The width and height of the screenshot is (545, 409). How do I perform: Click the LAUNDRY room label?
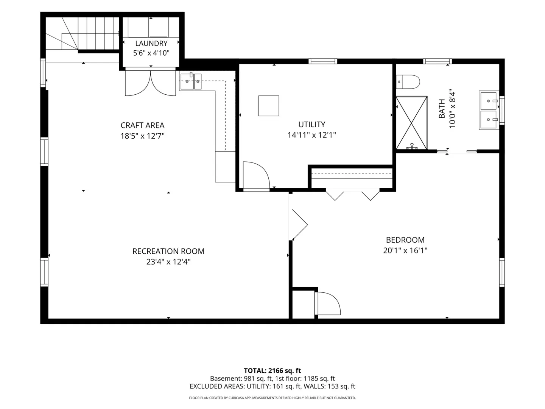tap(151, 44)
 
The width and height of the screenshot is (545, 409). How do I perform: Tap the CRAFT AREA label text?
tap(143, 125)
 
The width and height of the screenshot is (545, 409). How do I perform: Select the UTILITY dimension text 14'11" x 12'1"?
tap(311, 135)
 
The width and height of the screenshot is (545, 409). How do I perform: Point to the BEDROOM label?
tap(405, 240)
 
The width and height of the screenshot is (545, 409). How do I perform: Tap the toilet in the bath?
tap(408, 82)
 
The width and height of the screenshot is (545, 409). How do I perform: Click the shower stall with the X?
tap(411, 123)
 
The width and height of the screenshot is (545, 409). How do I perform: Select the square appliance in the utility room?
tap(269, 106)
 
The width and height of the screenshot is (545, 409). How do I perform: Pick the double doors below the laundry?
tap(151, 83)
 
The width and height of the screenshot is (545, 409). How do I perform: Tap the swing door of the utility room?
tap(256, 176)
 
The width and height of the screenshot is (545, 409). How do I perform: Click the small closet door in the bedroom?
tap(328, 303)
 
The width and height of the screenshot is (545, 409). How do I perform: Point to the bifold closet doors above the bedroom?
tap(353, 195)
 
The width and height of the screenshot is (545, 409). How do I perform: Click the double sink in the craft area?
tap(191, 81)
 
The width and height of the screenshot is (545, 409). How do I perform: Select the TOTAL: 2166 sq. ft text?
tap(272, 371)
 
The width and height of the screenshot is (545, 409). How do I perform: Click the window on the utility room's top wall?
tap(323, 61)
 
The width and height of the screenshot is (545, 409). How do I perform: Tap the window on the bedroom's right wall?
tap(502, 272)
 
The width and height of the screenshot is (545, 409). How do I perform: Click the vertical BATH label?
tap(442, 109)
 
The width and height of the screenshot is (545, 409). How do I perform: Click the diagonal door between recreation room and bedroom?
tap(299, 225)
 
